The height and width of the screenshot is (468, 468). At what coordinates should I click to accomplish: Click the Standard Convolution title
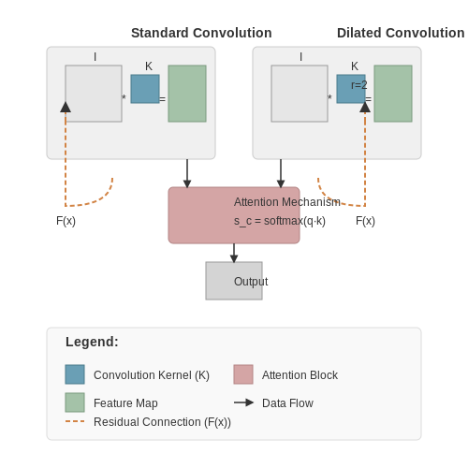point(201,33)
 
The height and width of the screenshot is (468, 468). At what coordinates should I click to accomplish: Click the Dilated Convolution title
point(401,33)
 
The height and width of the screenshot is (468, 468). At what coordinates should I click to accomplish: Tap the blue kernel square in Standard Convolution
point(145,89)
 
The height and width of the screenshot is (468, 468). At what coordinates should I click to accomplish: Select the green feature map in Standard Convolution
point(187,94)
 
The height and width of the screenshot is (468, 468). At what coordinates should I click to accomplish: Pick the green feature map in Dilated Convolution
point(393,94)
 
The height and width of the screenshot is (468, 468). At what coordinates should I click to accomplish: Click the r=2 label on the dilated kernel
point(359,85)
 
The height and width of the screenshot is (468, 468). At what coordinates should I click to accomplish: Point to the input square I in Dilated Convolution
point(300,94)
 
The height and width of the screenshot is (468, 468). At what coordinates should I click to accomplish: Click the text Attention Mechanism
point(287,202)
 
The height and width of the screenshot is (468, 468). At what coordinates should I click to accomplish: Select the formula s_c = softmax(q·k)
point(280,221)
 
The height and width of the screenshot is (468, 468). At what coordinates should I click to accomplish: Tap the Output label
point(251,282)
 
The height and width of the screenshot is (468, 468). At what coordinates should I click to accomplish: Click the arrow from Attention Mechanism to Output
point(234,253)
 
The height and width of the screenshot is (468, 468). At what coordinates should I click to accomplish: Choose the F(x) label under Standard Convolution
point(66,221)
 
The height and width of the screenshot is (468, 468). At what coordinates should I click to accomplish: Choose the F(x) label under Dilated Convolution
point(365,221)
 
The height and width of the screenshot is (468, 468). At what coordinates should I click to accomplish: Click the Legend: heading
point(92,342)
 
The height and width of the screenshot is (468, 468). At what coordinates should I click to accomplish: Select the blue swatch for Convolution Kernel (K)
point(75,374)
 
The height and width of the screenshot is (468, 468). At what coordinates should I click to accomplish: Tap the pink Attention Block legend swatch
point(243,374)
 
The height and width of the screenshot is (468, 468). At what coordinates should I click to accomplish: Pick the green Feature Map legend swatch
point(75,402)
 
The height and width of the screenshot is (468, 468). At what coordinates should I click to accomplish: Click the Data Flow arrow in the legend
point(243,402)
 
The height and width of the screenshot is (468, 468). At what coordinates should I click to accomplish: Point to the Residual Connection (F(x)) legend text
point(162,422)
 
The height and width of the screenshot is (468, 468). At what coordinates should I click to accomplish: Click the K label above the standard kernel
point(149,66)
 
